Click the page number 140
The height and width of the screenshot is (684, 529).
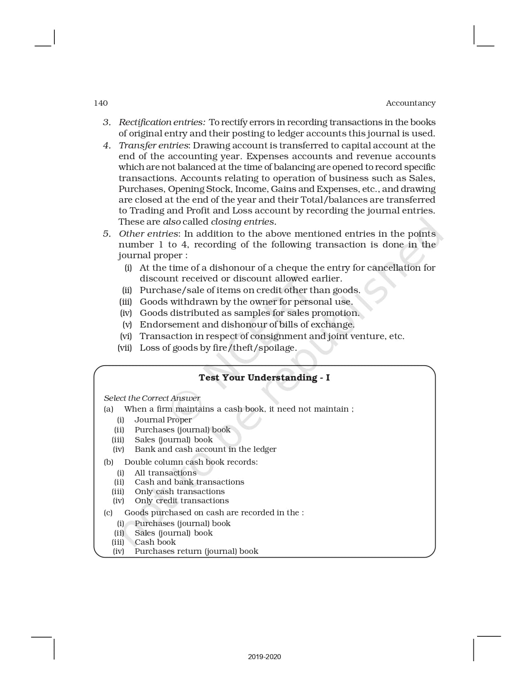(101, 103)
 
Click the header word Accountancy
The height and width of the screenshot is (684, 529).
(410, 103)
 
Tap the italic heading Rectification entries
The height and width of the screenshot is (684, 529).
(162, 122)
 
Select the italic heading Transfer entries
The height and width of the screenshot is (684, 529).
(154, 146)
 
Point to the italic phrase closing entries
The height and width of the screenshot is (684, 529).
(243, 222)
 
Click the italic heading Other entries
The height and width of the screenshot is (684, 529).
(149, 234)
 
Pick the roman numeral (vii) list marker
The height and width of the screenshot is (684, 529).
(125, 348)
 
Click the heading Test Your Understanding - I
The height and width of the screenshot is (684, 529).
(264, 378)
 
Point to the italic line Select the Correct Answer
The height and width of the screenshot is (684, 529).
(152, 398)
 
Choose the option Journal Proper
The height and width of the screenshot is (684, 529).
(163, 420)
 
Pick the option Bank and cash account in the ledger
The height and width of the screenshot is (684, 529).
(205, 449)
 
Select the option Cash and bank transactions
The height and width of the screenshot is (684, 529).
(189, 482)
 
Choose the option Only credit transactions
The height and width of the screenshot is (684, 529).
(182, 501)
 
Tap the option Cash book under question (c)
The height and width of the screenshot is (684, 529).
(155, 542)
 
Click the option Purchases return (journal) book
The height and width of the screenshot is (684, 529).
(196, 551)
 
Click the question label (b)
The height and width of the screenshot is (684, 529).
(109, 462)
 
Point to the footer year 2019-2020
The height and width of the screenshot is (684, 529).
(264, 657)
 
